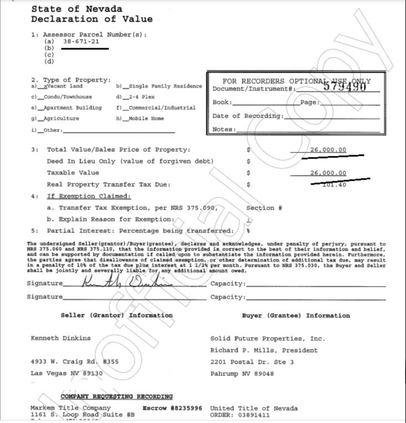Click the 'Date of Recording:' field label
pos(248,116)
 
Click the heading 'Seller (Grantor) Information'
pos(116,315)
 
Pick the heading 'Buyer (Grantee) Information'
pos(296,315)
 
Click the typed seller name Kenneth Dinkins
pos(60,338)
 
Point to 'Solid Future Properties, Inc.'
pos(268,338)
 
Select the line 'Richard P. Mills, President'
pos(264,350)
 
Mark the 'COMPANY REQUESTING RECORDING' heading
pos(116,397)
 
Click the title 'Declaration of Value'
pos(91,19)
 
